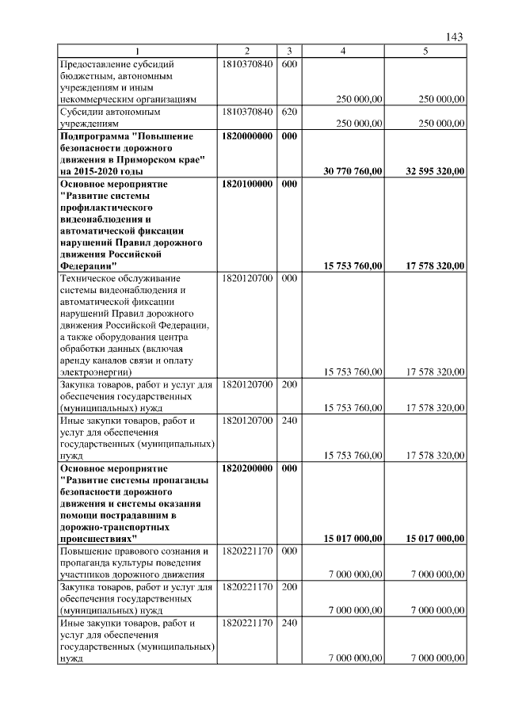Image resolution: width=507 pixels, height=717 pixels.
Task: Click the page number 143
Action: tap(454, 37)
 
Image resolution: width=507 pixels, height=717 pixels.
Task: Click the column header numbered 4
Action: tap(342, 51)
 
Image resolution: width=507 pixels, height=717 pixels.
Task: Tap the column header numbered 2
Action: tap(247, 51)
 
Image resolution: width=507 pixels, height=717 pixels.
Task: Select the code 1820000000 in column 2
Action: tap(248, 137)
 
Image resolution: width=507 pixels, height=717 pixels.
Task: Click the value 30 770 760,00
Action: tap(353, 171)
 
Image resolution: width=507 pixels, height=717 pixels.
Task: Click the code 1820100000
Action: tap(248, 183)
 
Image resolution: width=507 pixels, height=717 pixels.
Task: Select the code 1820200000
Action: tap(248, 468)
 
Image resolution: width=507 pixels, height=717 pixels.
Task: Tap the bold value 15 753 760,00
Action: tap(353, 265)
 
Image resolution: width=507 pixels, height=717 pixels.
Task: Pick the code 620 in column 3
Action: tap(289, 112)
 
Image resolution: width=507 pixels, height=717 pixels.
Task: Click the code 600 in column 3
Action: tap(289, 63)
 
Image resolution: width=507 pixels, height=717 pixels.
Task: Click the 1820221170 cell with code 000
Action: tap(248, 551)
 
